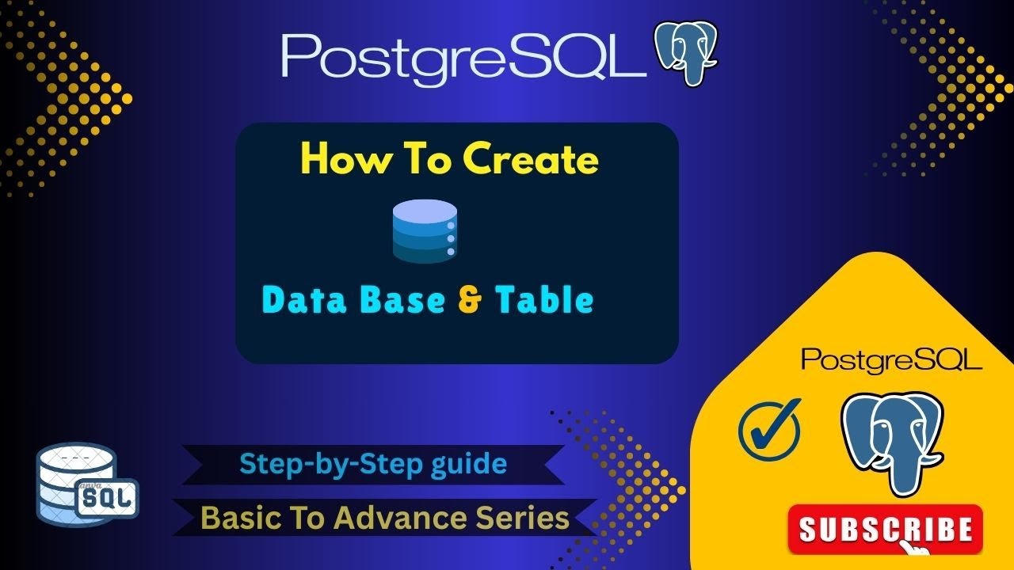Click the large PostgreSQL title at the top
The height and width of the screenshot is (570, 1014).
click(x=463, y=55)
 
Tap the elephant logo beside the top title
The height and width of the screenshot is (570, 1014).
click(x=685, y=54)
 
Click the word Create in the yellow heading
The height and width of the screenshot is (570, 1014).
click(x=531, y=160)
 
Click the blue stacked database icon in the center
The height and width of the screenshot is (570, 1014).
click(x=425, y=230)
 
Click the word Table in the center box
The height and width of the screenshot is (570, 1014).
click(x=543, y=300)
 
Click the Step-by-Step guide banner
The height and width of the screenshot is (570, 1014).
click(x=373, y=463)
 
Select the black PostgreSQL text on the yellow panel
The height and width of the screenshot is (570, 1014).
click(x=892, y=359)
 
